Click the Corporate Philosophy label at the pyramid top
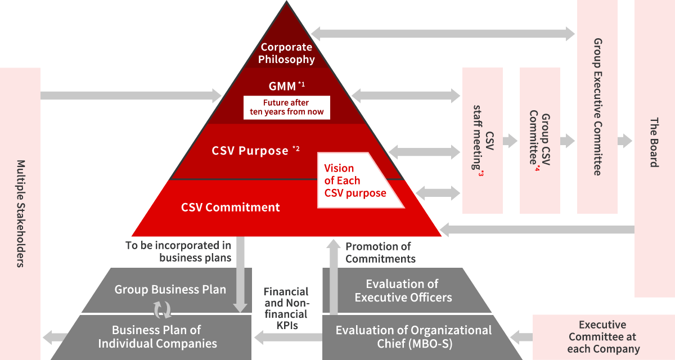coord(286,53)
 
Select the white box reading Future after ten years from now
coord(287,107)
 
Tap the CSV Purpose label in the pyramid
coord(250,151)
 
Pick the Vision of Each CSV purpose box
coord(357,181)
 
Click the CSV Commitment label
coord(230,207)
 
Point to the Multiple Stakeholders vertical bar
coord(20,214)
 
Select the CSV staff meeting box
coord(483,141)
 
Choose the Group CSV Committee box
coord(540,141)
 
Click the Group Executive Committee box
coord(597,107)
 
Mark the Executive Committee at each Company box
coord(602,337)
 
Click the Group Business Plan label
coord(170,290)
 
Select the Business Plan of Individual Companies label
coord(156,336)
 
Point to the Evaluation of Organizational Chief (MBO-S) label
coord(413,336)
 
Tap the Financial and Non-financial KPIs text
coord(286,308)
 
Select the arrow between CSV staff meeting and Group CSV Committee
coord(511,141)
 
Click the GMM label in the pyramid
coord(282,87)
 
